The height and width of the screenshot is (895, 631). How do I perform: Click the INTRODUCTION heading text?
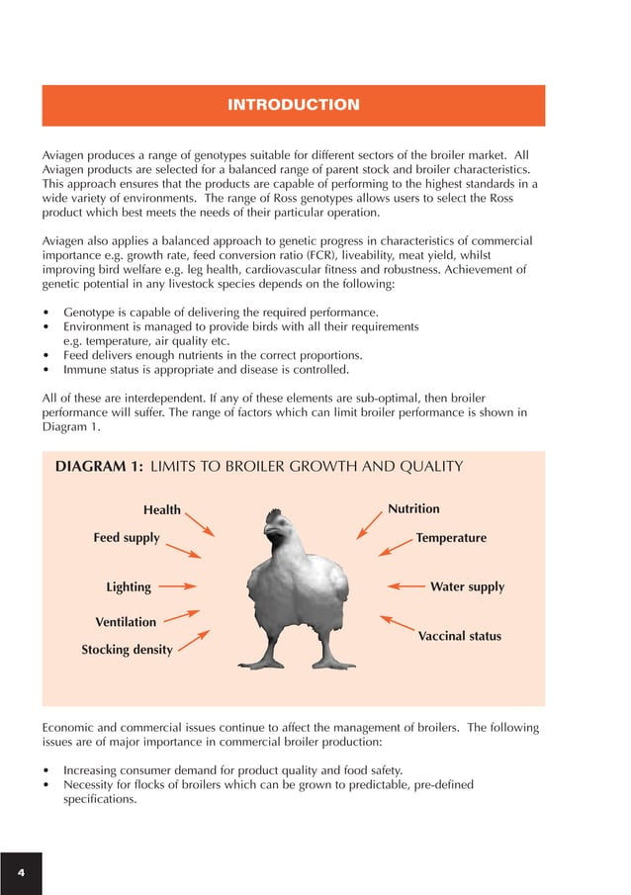293,105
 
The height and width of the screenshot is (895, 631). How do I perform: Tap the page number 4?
21,872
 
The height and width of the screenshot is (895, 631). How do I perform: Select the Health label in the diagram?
162,510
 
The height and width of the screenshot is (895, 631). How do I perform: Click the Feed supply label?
127,538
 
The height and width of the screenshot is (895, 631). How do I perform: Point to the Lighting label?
129,586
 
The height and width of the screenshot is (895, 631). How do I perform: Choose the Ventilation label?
126,622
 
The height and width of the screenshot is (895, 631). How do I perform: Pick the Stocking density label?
127,650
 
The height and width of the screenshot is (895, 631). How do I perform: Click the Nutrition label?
413,509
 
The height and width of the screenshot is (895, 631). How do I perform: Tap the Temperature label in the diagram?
451,538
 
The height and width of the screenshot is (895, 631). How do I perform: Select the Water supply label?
467,586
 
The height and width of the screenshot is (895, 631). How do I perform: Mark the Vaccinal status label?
459,636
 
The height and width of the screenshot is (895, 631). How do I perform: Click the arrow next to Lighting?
178,585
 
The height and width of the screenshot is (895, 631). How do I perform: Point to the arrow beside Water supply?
406,586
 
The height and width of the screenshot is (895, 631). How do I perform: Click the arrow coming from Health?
200,523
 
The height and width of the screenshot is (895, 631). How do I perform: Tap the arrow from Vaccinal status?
398,624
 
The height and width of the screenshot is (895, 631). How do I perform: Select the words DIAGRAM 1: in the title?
98,467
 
